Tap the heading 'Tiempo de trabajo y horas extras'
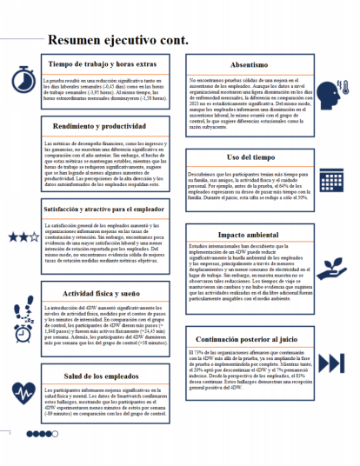pos(102,64)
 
